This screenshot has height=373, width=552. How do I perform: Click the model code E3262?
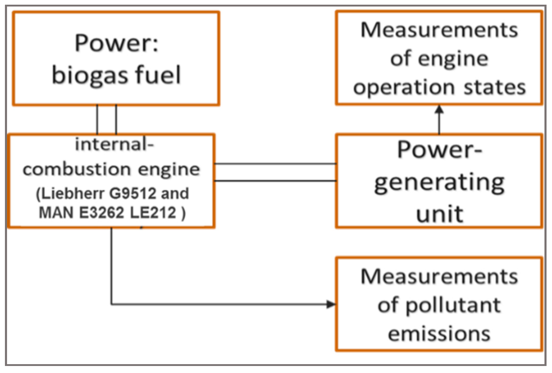click(102, 213)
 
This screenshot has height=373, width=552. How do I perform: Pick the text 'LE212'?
click(153, 213)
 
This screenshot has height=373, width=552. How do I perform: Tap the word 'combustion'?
click(77, 169)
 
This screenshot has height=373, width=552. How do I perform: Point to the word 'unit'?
click(440, 214)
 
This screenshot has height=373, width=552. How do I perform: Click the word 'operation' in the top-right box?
click(404, 87)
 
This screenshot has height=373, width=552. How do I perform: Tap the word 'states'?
click(495, 87)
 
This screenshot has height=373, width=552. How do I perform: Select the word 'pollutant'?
click(453, 306)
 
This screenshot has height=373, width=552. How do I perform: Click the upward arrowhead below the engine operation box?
click(439, 109)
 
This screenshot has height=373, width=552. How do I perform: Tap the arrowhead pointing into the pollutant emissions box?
click(331, 304)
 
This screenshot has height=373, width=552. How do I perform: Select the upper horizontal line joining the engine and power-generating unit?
click(275, 164)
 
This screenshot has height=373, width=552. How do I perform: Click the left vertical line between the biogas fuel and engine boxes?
click(97, 120)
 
